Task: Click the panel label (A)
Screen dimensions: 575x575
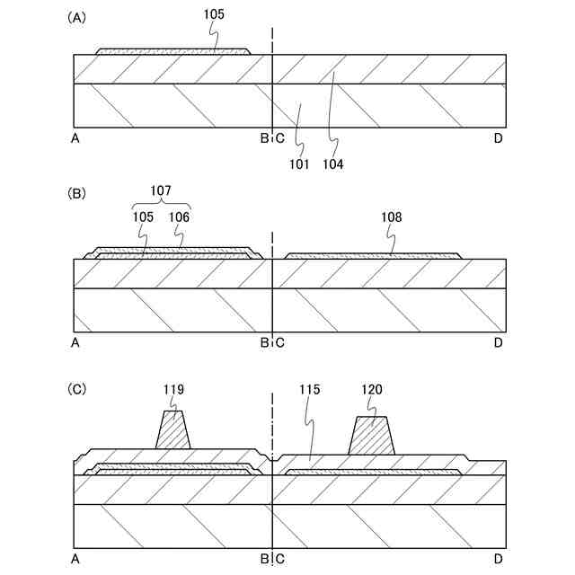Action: tap(76, 18)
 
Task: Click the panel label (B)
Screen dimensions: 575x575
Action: tap(76, 192)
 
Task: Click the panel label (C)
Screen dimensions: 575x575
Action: tap(76, 389)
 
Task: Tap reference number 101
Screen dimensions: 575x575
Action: tap(299, 164)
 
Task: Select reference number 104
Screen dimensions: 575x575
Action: tap(335, 164)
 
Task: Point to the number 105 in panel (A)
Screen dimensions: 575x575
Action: tap(214, 14)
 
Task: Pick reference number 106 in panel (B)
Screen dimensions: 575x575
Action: tap(179, 217)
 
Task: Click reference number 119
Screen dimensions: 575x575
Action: tap(173, 389)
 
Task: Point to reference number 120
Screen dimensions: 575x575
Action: tap(372, 389)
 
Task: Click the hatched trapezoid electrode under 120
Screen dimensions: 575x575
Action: tap(372, 437)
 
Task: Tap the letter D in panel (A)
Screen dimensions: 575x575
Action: tap(498, 138)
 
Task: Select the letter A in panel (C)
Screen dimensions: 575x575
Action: tap(75, 558)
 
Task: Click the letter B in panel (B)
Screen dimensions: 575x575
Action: tap(264, 342)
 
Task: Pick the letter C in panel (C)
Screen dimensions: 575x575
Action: tap(279, 558)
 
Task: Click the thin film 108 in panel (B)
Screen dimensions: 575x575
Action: tap(373, 255)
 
